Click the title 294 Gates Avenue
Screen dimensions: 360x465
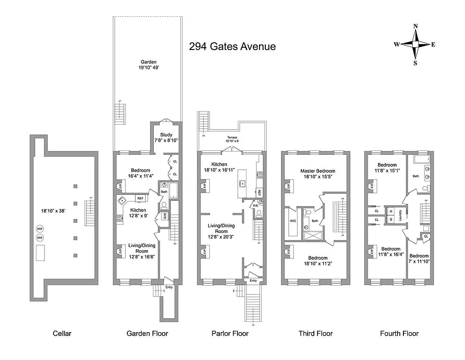point(232,46)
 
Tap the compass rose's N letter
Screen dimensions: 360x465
point(415,27)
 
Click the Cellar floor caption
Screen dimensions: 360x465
point(62,333)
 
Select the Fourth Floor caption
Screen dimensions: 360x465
point(399,333)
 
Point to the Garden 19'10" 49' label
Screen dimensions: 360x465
point(148,65)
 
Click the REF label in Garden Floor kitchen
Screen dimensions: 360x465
point(140,198)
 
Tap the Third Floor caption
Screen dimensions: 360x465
point(316,333)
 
